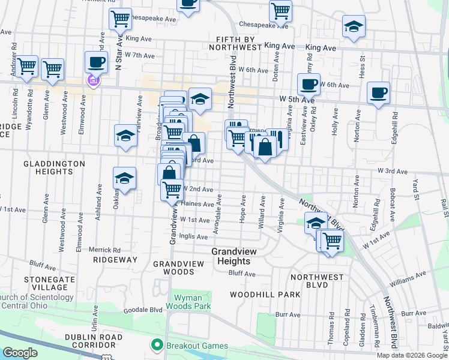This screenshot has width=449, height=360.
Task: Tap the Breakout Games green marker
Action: point(157,345)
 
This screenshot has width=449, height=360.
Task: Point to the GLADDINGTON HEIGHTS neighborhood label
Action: point(48,167)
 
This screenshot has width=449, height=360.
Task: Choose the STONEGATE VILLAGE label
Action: point(49,283)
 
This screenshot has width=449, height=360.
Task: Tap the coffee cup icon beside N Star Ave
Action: point(96,62)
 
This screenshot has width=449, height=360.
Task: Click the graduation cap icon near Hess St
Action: point(354,27)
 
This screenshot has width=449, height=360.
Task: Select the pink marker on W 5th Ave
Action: point(92,81)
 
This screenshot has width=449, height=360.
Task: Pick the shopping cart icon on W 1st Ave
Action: point(331,241)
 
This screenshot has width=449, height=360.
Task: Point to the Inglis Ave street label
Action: point(194,236)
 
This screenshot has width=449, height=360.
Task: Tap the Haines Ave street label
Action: point(197,204)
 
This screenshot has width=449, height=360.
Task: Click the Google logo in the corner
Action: point(20,353)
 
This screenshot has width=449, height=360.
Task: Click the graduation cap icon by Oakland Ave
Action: point(124,179)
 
